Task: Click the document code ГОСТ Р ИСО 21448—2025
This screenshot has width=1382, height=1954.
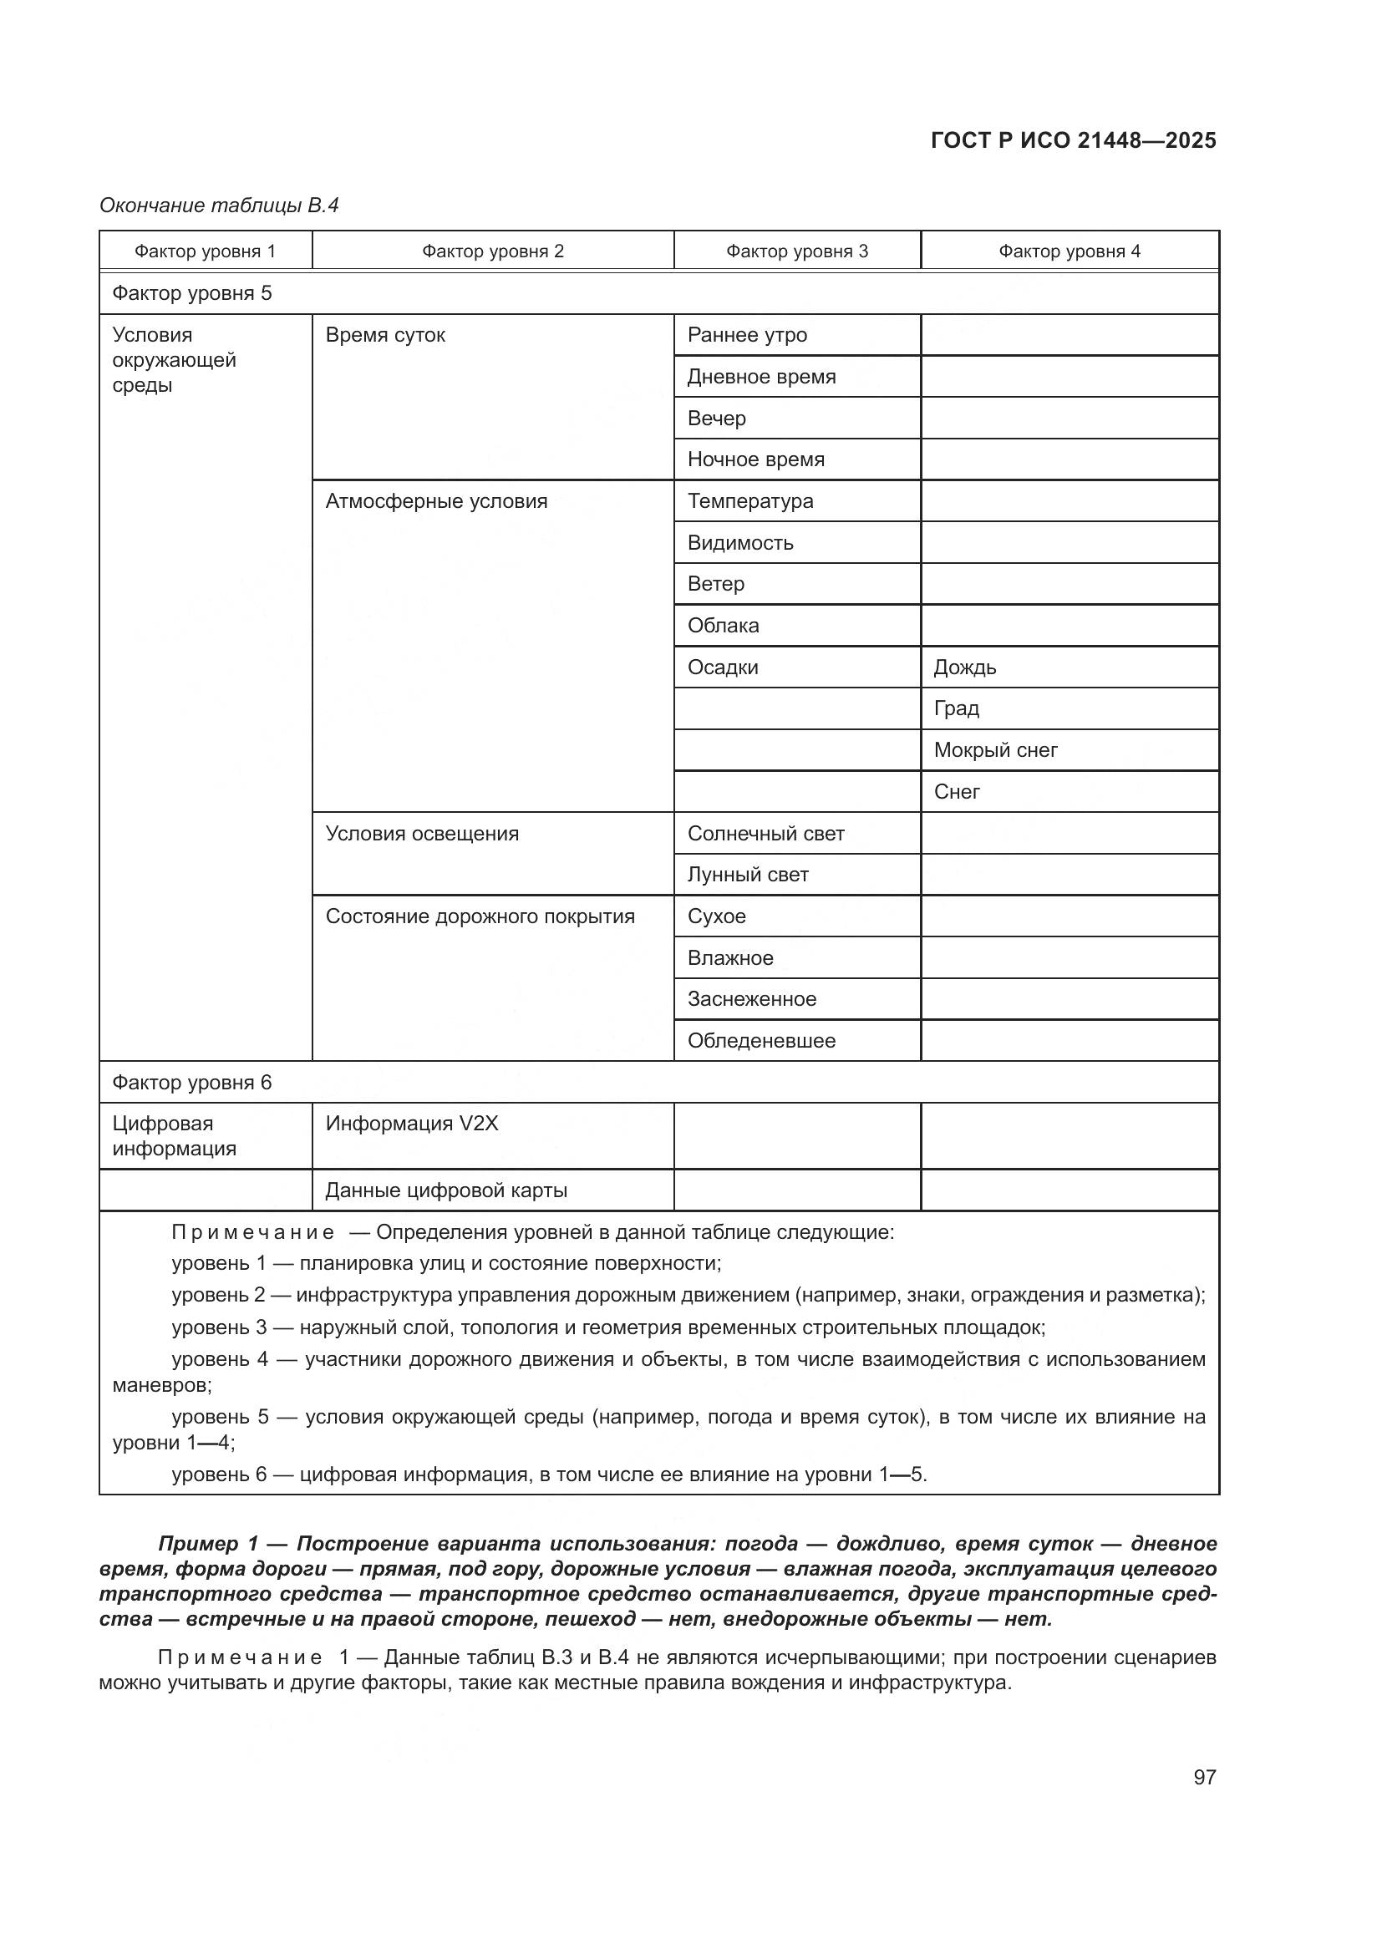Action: (1073, 140)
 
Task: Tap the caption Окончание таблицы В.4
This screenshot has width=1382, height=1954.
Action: (219, 206)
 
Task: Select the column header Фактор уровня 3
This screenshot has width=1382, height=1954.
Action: (796, 251)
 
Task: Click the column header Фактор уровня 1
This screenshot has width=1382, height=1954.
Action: (205, 251)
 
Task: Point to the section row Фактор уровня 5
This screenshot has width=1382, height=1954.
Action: (192, 293)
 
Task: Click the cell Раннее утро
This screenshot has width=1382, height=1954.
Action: (746, 335)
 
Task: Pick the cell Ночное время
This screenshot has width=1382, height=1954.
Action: (755, 459)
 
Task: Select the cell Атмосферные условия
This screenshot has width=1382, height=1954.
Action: (435, 501)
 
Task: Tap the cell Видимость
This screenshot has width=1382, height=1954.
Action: (739, 543)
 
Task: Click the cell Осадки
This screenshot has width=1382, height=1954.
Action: (723, 667)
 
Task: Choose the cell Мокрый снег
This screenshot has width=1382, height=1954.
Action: (996, 751)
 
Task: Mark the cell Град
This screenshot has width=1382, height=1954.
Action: (957, 709)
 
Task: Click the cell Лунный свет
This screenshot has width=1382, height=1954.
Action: (747, 875)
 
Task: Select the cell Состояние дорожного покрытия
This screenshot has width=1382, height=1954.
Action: (480, 916)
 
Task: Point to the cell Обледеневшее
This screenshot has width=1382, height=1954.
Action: (761, 1041)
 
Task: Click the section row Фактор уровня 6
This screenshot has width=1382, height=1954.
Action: (192, 1083)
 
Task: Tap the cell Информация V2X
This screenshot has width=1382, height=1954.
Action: (412, 1124)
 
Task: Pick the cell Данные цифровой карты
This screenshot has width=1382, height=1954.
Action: (446, 1190)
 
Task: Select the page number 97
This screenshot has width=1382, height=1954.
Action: (1204, 1777)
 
